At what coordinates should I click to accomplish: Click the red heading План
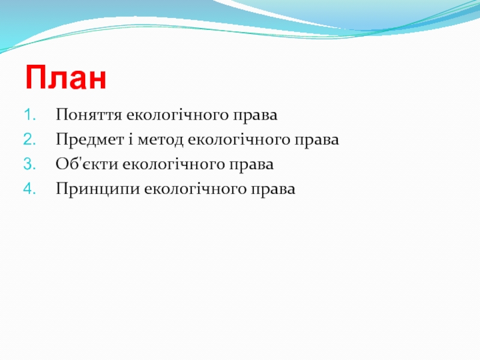[66, 77]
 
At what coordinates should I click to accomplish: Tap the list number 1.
[29, 115]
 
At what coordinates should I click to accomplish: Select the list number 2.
[29, 140]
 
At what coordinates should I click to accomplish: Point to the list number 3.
[29, 164]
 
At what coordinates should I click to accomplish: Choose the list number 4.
[29, 188]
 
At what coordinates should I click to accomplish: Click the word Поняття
[89, 115]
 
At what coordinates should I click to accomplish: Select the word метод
[160, 140]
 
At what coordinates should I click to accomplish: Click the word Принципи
[98, 189]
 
